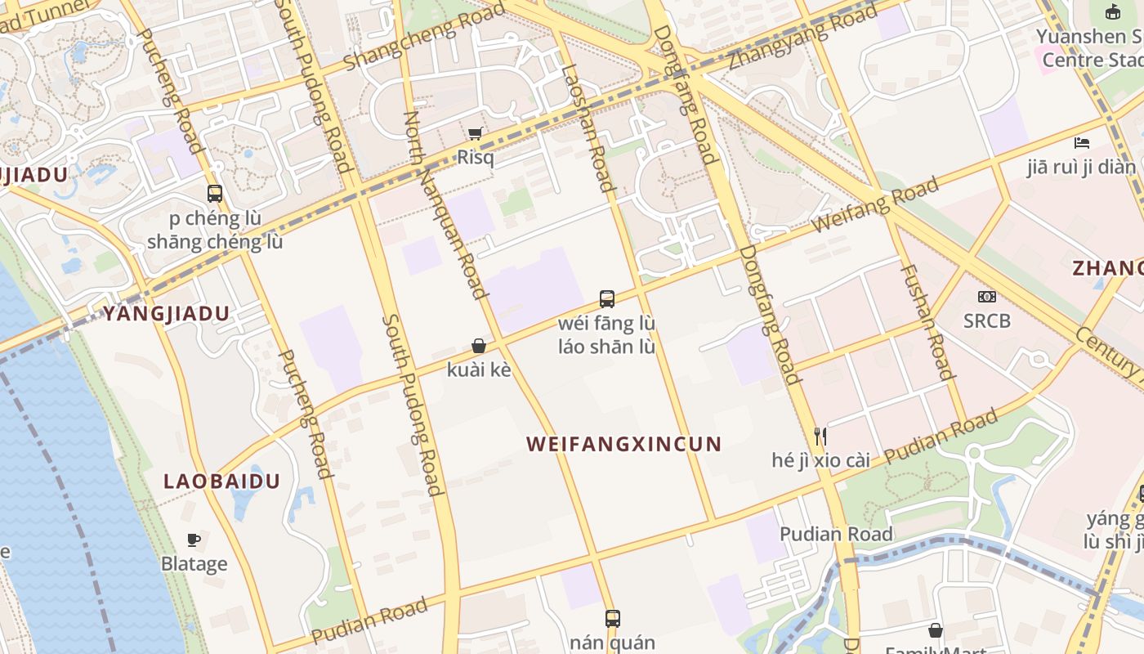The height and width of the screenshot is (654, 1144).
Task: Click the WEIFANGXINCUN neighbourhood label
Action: pos(623,444)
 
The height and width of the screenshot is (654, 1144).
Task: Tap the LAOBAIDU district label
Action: pos(221,481)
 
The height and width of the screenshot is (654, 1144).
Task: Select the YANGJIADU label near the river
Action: pos(166,313)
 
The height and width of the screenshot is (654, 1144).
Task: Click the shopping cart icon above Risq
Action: pos(475,133)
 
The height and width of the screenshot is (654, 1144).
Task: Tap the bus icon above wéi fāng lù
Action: pos(606,298)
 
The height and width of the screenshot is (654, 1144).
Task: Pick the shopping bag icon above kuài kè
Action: pos(479,347)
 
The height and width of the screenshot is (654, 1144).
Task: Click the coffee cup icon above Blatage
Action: pos(194,540)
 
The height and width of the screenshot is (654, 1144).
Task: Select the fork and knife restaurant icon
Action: pos(820,436)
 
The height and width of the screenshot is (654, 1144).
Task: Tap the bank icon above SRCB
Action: pos(986,297)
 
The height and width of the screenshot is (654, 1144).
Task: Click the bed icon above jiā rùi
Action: pos(1082,143)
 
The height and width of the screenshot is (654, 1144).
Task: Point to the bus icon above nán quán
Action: pos(612,618)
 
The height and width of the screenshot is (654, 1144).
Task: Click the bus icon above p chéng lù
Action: pos(215,194)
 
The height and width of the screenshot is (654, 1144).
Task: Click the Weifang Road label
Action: pos(875,207)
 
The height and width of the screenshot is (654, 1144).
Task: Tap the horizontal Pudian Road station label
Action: pos(836,534)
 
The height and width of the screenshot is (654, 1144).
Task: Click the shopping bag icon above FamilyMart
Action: pos(936,630)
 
